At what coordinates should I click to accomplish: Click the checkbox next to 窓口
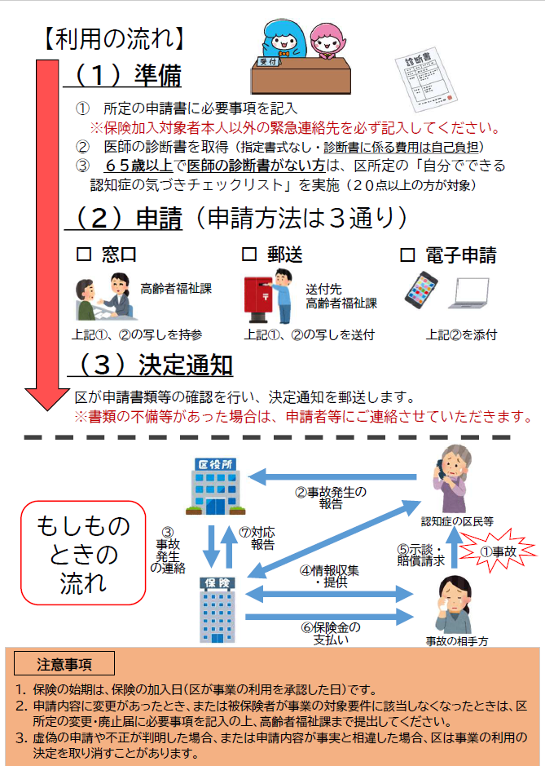point(82,255)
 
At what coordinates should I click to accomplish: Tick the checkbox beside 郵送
point(249,255)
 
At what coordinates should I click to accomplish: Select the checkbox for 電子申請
point(407,255)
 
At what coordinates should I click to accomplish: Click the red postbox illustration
point(259,299)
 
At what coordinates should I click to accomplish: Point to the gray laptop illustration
point(472,296)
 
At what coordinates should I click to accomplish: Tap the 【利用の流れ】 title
point(114,37)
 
